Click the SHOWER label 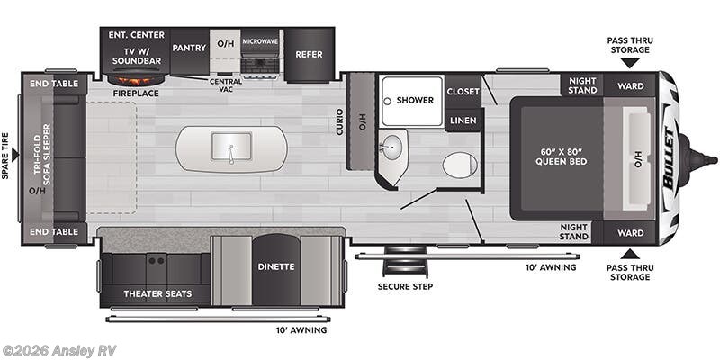pos(414,100)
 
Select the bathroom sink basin pos(393,148)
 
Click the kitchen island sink pos(231,148)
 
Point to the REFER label pos(309,54)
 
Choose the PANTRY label pos(189,47)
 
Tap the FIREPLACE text pos(136,93)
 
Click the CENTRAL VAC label pos(226,85)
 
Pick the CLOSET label pos(463,91)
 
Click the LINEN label pos(463,120)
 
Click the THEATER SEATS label pos(155,294)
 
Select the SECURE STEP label pos(405,286)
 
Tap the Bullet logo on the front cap pos(670,158)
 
